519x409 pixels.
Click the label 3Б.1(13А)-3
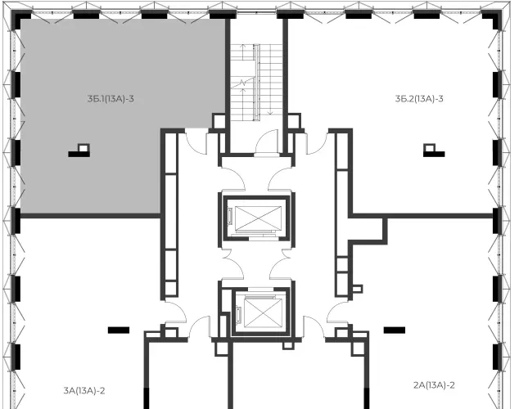click(111, 98)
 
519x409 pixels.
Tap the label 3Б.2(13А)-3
click(419, 98)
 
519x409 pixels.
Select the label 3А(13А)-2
click(84, 391)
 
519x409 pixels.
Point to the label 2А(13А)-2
click(434, 385)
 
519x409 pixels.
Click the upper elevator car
click(258, 218)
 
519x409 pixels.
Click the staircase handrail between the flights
click(257, 82)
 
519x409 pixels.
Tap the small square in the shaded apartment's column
click(83, 147)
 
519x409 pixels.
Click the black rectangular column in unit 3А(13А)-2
click(119, 330)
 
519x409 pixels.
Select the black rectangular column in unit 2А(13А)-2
click(395, 330)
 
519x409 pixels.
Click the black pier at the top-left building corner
click(20, 19)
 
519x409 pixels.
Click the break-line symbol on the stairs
click(242, 83)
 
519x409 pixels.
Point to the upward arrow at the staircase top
click(242, 52)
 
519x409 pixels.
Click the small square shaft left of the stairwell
click(219, 121)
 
